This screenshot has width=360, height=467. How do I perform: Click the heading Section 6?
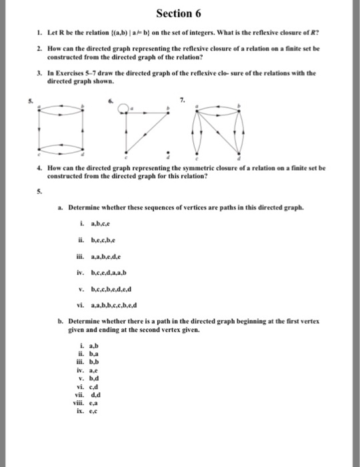(x=179, y=15)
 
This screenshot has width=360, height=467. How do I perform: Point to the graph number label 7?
(x=183, y=100)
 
